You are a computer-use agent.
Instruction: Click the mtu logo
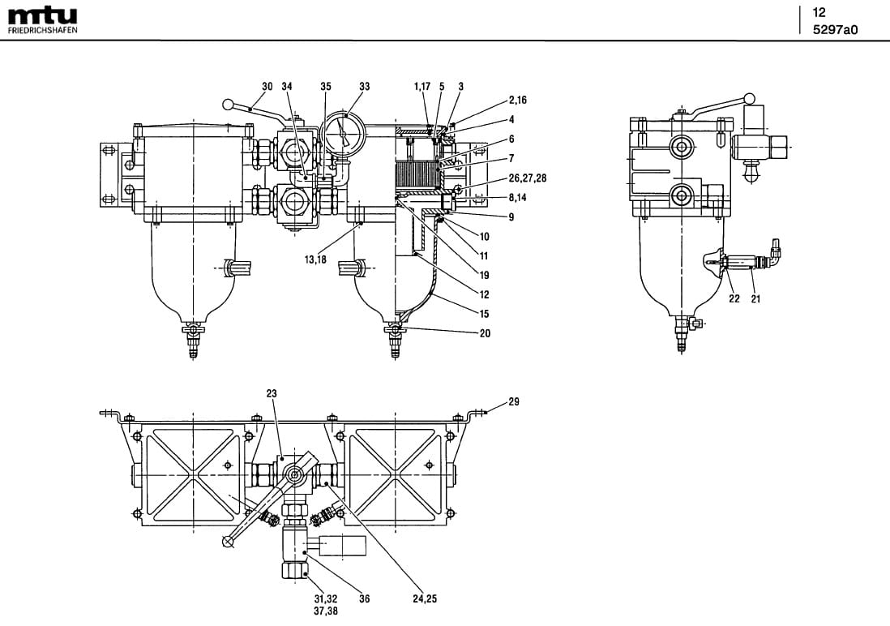(x=42, y=15)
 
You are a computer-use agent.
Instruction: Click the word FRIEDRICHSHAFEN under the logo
(x=42, y=30)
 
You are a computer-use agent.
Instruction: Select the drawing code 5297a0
(x=834, y=30)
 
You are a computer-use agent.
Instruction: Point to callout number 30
(x=267, y=86)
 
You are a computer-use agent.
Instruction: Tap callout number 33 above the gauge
(x=364, y=86)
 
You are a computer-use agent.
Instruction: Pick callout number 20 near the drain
(x=485, y=332)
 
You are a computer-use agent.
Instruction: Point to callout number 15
(x=485, y=313)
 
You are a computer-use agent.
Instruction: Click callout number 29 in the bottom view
(x=514, y=401)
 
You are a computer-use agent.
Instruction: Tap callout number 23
(x=272, y=393)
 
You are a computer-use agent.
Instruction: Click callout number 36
(x=365, y=599)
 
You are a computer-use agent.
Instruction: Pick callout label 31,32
(x=326, y=599)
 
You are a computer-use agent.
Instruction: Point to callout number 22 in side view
(x=734, y=298)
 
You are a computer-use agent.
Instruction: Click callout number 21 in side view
(x=755, y=298)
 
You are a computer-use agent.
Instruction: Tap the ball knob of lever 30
(x=229, y=104)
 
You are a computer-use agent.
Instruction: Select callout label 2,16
(x=518, y=100)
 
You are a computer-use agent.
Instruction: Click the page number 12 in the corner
(x=819, y=12)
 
